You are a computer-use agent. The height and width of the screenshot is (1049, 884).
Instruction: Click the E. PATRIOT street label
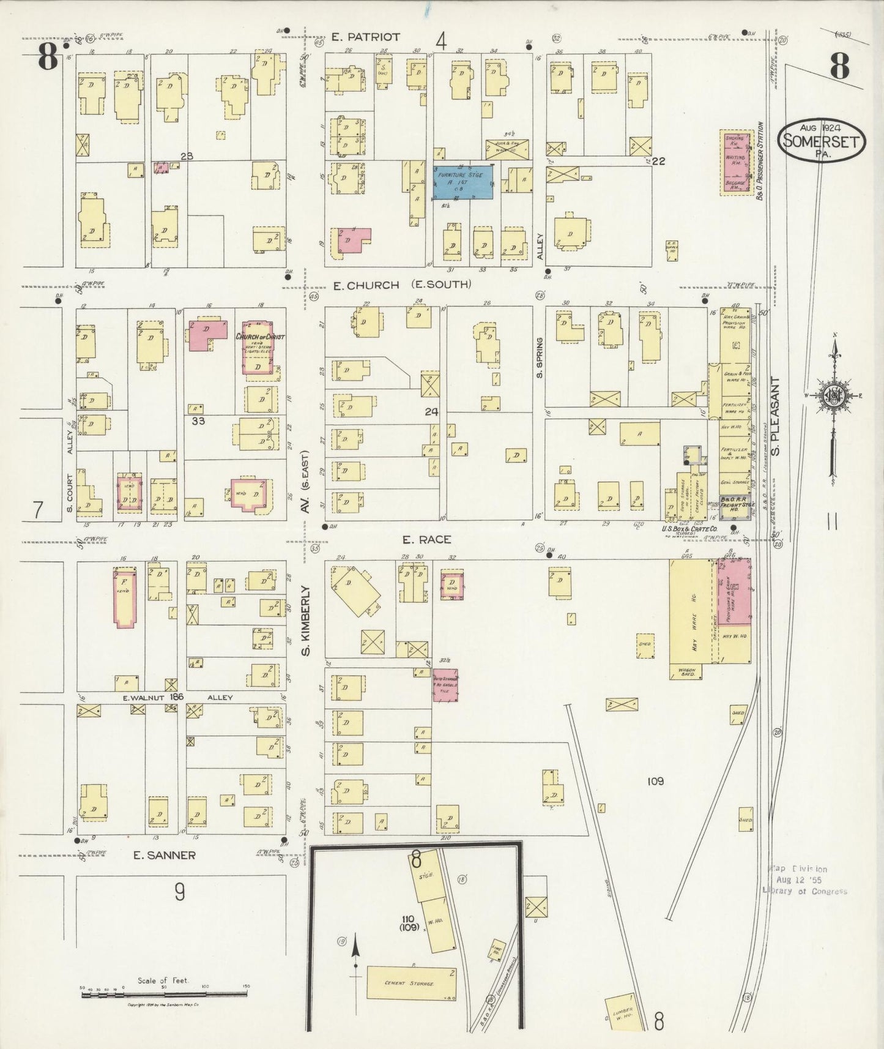[x=365, y=37]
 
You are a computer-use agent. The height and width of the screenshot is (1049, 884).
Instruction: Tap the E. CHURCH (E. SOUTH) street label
[x=401, y=285]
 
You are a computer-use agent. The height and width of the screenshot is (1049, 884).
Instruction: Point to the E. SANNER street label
[x=165, y=856]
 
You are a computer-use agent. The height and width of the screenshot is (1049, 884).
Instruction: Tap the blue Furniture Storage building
[x=463, y=182]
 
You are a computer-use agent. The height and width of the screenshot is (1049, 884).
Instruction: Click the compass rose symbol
[x=833, y=395]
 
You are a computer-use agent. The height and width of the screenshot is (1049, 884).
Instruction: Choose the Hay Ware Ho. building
[x=693, y=612]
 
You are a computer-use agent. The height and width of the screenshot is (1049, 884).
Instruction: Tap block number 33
[x=198, y=420]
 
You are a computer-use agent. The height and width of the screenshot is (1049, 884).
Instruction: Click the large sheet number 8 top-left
[x=48, y=58]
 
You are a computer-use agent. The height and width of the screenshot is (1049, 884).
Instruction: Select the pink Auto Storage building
[x=445, y=685]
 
